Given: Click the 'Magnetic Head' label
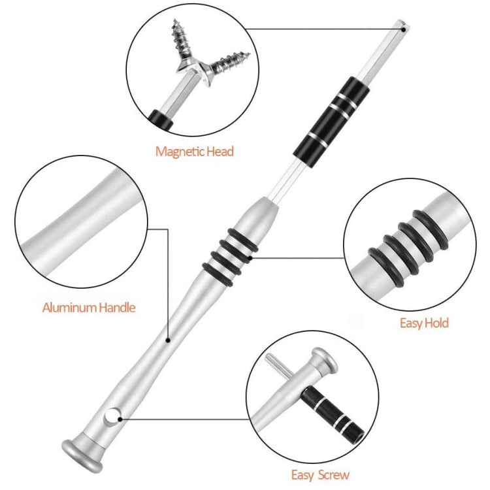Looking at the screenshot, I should coord(194,152).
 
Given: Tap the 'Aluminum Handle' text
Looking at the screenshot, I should coord(89,306).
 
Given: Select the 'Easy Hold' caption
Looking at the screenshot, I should coord(424,323).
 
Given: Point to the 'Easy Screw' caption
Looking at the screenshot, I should coord(320,475).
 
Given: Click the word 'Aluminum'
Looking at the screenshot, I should coord(69,306).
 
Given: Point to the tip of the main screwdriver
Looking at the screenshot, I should coord(404,27).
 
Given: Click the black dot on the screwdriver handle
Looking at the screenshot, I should coord(169,340).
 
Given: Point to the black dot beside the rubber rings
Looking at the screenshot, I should coord(250,258).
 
